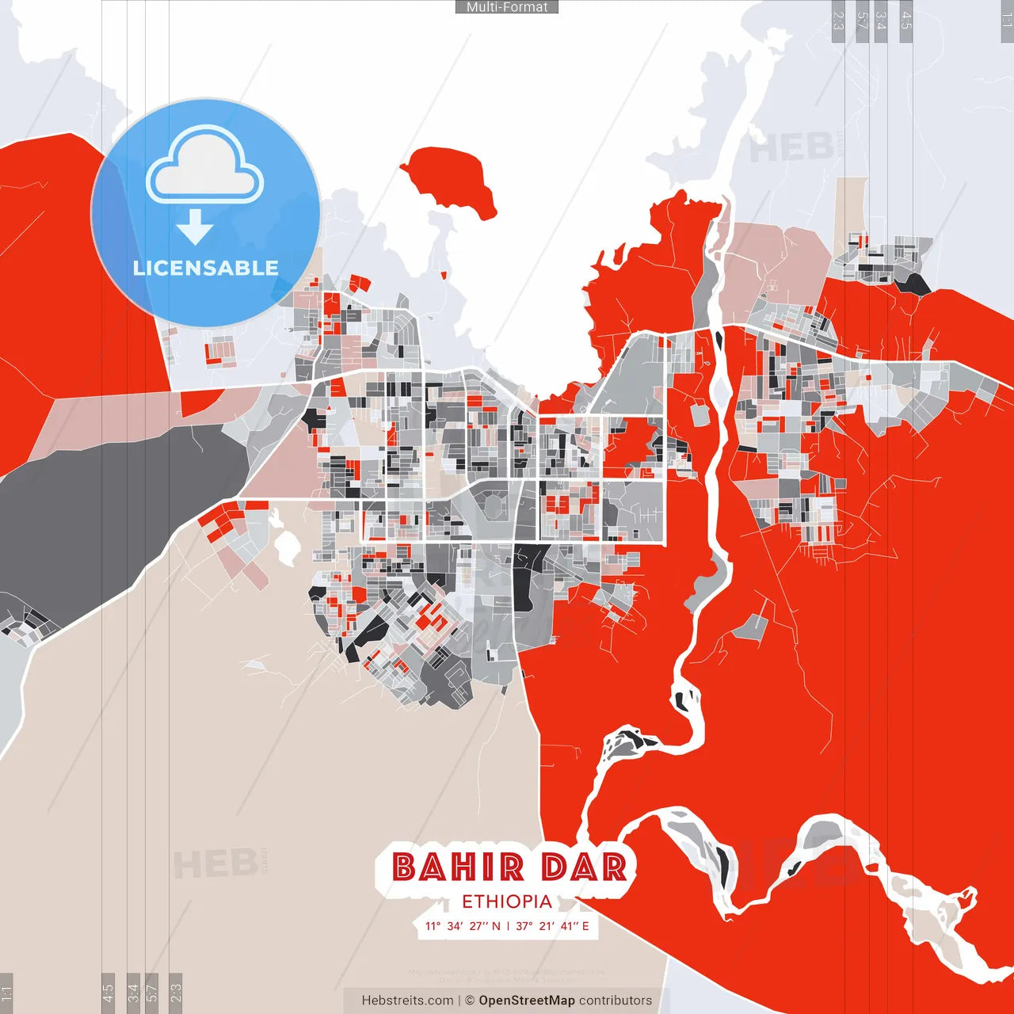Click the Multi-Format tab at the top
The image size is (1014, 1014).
pyautogui.click(x=507, y=7)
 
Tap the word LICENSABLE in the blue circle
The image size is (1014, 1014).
pyautogui.click(x=206, y=268)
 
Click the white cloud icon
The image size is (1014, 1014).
pyautogui.click(x=205, y=166)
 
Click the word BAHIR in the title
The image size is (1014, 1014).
pyautogui.click(x=458, y=867)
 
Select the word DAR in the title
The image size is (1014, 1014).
pyautogui.click(x=585, y=867)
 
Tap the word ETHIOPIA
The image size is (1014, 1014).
pyautogui.click(x=507, y=902)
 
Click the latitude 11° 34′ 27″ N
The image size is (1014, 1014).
pyautogui.click(x=463, y=926)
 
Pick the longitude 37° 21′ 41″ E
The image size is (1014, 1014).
pyautogui.click(x=553, y=926)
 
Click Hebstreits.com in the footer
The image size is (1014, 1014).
pyautogui.click(x=407, y=1001)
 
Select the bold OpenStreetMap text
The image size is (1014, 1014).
pyautogui.click(x=527, y=1001)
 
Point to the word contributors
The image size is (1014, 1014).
pyautogui.click(x=616, y=1001)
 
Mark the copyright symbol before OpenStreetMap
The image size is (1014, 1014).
pyautogui.click(x=470, y=1001)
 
